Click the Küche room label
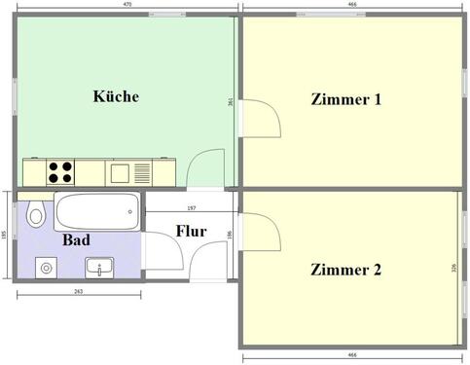click(x=116, y=96)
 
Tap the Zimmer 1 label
click(x=345, y=99)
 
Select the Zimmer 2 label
click(x=345, y=270)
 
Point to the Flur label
click(x=190, y=232)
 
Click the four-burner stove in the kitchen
click(x=61, y=172)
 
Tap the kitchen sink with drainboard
click(x=131, y=173)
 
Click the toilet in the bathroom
click(x=37, y=211)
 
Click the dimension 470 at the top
click(x=127, y=6)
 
